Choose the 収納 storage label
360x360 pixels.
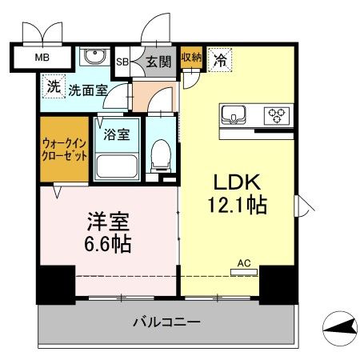point(191,57)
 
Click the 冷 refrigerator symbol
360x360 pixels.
point(218,58)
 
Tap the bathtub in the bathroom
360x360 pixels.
point(118,166)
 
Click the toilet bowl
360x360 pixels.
point(161,154)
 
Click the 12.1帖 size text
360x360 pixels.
point(234,204)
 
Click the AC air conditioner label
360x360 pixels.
point(244,262)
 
